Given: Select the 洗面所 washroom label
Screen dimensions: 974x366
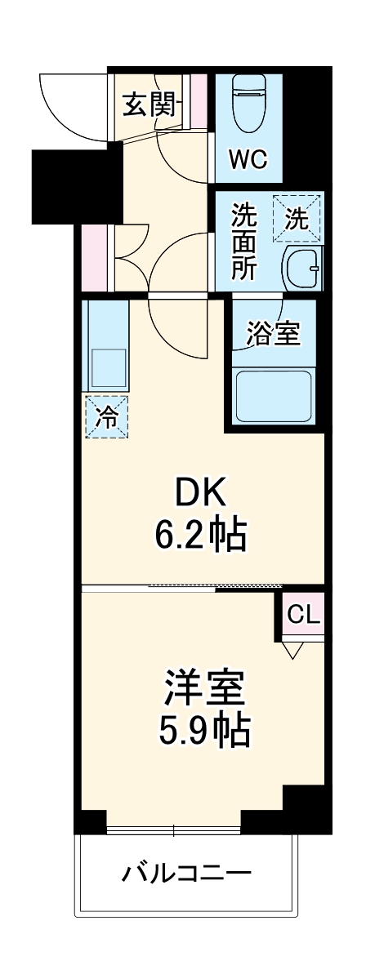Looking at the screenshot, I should pos(243,242).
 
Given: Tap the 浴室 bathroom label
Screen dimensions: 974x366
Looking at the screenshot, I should pos(272,335).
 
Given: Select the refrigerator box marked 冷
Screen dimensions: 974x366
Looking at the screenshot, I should pos(107,416).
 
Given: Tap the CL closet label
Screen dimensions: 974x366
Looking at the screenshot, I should pos(301,614).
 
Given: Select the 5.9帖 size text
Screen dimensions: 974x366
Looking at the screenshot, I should pos(203,731).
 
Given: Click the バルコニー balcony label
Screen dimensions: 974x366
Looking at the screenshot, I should pos(185,874).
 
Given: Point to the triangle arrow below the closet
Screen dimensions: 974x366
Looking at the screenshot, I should pos(293,650).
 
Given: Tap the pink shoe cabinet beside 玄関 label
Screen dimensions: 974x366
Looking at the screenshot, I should pos(199,103).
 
